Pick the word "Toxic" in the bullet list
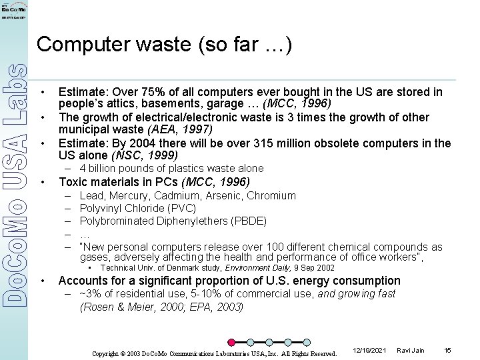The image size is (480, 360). click(x=73, y=182)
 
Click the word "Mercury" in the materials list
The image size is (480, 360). click(x=129, y=195)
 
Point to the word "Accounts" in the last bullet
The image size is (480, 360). click(x=83, y=281)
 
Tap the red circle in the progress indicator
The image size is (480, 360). click(x=231, y=343)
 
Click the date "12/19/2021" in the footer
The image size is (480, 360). click(x=369, y=351)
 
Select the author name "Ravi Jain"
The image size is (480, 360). click(x=410, y=351)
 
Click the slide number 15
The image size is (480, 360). click(x=447, y=351)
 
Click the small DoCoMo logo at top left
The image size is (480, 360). click(x=14, y=11)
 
